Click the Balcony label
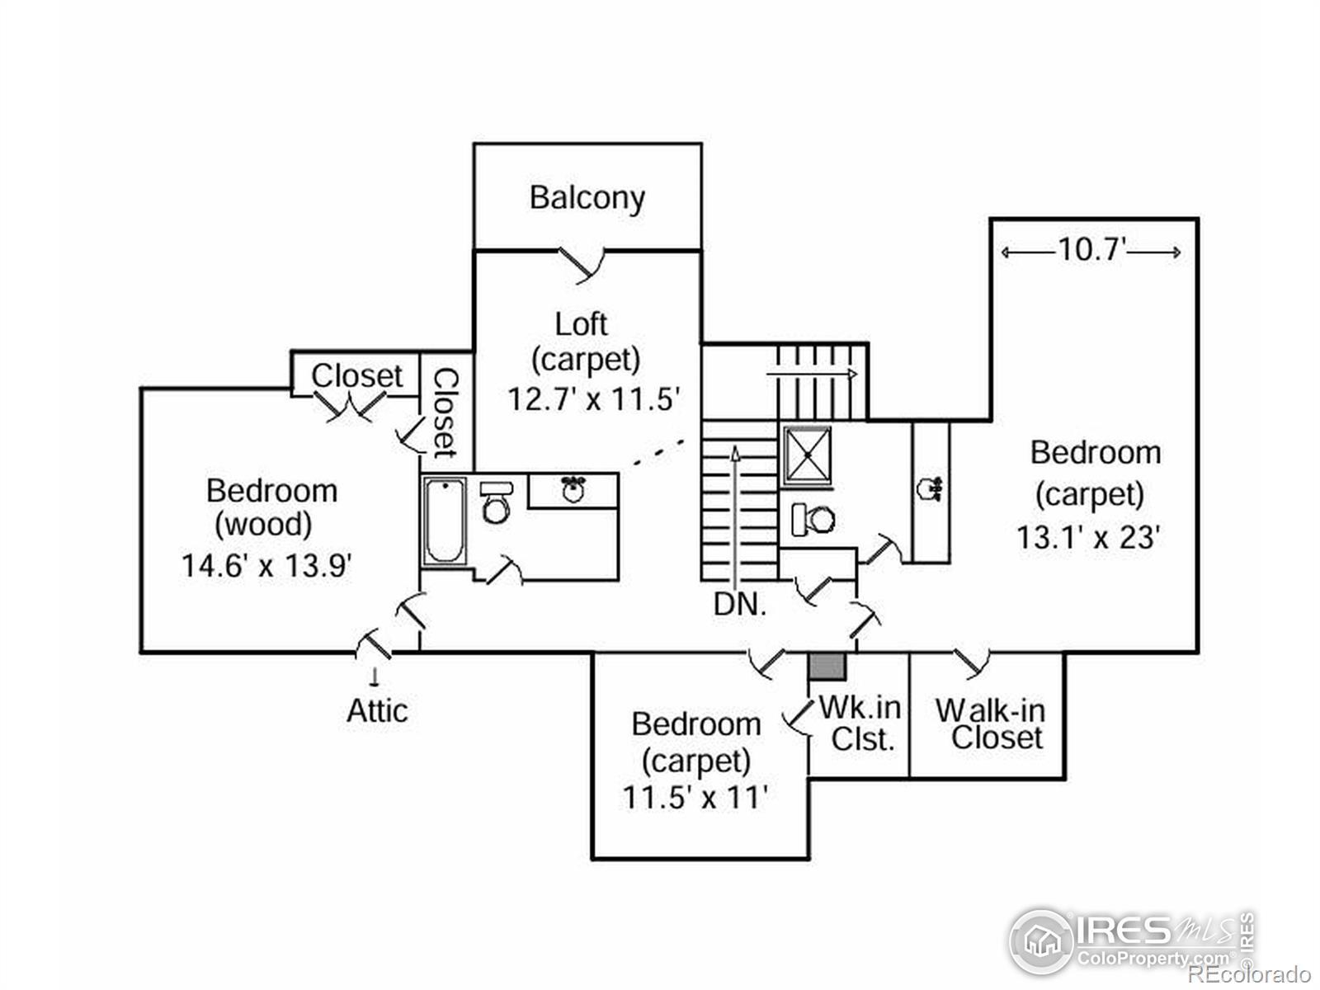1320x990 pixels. (x=587, y=198)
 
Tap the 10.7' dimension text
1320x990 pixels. (x=1091, y=249)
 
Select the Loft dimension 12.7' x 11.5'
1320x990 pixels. (x=593, y=399)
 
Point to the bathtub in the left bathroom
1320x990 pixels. (x=445, y=521)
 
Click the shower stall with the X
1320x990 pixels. (x=807, y=455)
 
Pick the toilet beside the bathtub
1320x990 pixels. (x=495, y=503)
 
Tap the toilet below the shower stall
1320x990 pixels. (x=813, y=519)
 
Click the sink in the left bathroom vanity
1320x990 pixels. (x=572, y=489)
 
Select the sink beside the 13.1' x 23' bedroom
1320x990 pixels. (x=930, y=488)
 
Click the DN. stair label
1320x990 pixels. (x=740, y=605)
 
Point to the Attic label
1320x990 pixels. (x=377, y=710)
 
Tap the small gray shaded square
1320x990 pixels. (x=827, y=667)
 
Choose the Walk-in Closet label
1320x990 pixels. (x=990, y=724)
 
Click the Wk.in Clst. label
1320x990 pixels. (x=860, y=724)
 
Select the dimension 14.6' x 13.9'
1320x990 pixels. (x=267, y=566)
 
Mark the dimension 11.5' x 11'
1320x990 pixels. (x=695, y=798)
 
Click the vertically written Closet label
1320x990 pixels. (x=445, y=412)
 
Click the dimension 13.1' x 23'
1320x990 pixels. (x=1089, y=538)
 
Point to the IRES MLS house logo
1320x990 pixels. (x=1041, y=941)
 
